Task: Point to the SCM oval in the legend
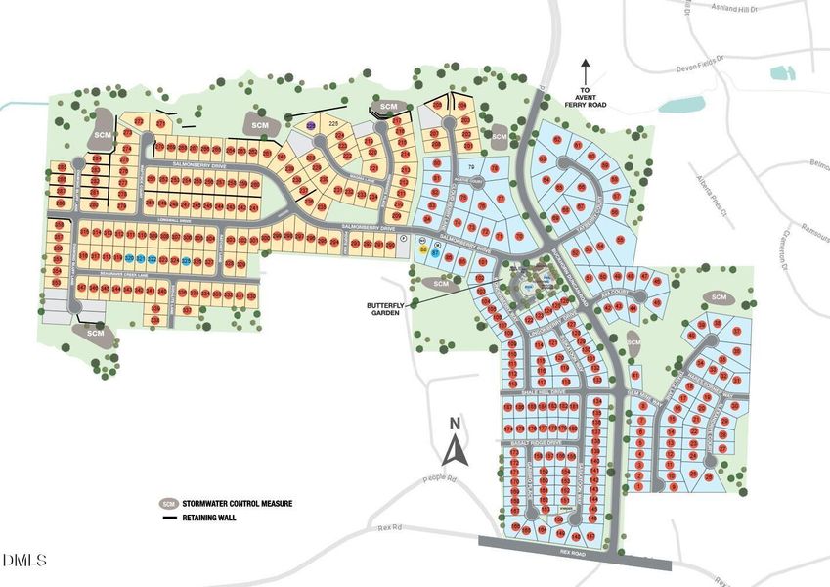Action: tap(169, 504)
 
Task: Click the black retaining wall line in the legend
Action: tap(169, 518)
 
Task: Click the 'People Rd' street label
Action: tap(441, 478)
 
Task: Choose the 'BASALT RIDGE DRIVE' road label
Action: tap(536, 444)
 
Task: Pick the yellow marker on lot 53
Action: tap(423, 251)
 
